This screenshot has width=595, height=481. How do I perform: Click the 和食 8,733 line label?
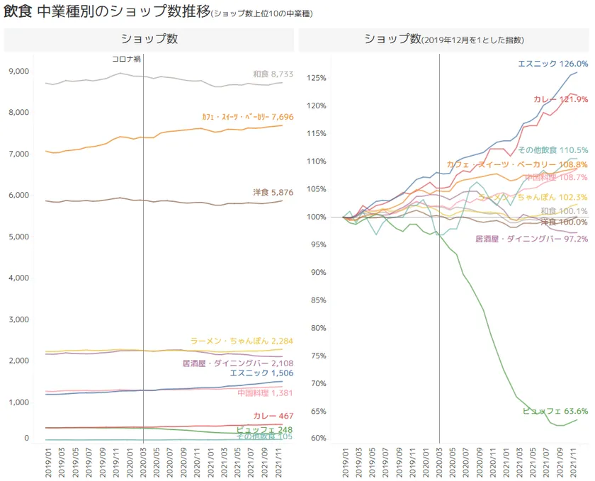273,74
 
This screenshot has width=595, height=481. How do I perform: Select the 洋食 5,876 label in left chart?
273,192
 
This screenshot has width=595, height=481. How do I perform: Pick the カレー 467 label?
273,416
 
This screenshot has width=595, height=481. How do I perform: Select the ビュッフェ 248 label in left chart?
264,429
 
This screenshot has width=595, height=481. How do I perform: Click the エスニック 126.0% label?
552,64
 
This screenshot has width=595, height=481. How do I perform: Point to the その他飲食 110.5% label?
552,150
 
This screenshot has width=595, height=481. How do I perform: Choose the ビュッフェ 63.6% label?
555,411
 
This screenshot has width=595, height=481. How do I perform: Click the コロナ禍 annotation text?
127,60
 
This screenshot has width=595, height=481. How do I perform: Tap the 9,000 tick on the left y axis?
18,71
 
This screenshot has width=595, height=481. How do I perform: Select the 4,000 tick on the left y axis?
18,278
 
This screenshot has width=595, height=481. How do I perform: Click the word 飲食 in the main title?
17,12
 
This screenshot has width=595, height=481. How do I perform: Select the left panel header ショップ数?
149,39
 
